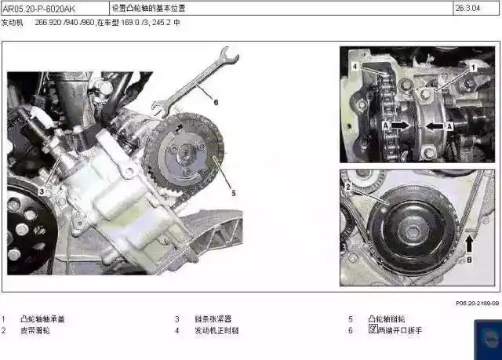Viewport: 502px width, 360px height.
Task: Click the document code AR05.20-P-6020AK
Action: point(39,9)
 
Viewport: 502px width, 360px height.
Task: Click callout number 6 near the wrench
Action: point(215,101)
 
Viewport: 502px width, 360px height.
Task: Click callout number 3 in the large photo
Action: point(44,191)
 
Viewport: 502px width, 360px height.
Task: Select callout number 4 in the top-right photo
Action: point(355,67)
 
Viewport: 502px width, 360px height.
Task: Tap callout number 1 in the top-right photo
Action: point(474,67)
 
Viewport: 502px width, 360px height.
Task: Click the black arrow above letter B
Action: point(469,242)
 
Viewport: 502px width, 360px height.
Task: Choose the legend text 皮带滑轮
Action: point(35,331)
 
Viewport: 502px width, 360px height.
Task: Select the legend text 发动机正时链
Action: point(216,331)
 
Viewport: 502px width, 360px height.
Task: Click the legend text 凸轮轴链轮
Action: point(387,319)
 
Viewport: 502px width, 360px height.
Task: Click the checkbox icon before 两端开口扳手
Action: point(373,330)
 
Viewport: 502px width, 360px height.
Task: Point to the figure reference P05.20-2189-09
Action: point(477,303)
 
